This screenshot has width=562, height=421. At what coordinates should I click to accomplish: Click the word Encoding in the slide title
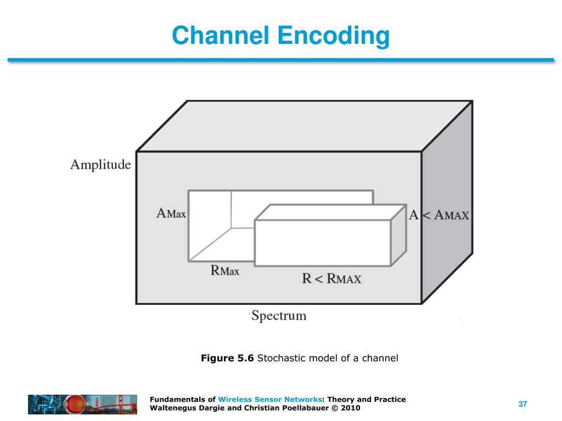pyautogui.click(x=333, y=36)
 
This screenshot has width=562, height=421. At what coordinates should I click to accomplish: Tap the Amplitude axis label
pyautogui.click(x=100, y=164)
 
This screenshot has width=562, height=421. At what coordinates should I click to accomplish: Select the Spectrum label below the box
pyautogui.click(x=279, y=316)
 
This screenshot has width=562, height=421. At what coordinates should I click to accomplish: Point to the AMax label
pyautogui.click(x=171, y=214)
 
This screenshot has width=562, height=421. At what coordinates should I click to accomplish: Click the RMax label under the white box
pyautogui.click(x=225, y=270)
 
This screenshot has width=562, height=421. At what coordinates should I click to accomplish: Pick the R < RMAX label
pyautogui.click(x=331, y=278)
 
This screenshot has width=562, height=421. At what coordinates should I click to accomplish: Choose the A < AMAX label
pyautogui.click(x=439, y=215)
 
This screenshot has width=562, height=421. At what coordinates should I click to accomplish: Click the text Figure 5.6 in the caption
pyautogui.click(x=227, y=359)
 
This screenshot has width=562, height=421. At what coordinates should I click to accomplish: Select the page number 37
pyautogui.click(x=522, y=404)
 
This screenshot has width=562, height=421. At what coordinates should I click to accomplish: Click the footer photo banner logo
pyautogui.click(x=82, y=404)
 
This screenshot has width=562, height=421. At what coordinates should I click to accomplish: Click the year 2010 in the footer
pyautogui.click(x=351, y=408)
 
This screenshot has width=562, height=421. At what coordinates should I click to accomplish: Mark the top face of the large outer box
pyautogui.click(x=305, y=126)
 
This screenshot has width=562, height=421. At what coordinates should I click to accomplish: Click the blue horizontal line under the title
pyautogui.click(x=281, y=60)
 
